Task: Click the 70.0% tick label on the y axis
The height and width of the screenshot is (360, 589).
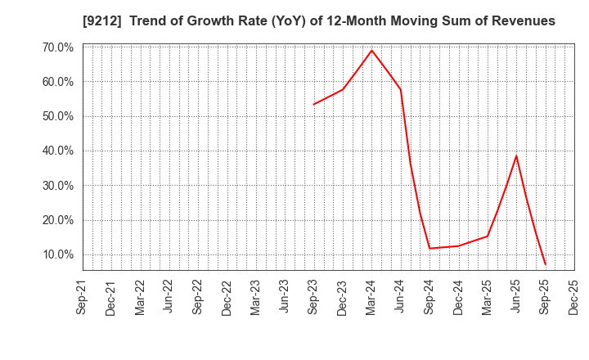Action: (x=56, y=47)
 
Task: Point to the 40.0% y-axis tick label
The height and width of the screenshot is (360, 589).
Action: (x=56, y=151)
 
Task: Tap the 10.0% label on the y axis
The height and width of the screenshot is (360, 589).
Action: (x=56, y=254)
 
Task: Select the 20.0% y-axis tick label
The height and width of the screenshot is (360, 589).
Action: (x=56, y=220)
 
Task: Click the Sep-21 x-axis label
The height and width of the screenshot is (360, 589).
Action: (x=83, y=296)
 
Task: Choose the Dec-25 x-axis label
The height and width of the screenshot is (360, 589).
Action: (x=573, y=296)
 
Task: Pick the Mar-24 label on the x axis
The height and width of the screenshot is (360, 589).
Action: (x=371, y=296)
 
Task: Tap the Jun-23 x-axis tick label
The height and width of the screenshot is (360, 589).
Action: (x=285, y=296)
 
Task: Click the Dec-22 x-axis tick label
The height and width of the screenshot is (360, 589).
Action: (x=227, y=296)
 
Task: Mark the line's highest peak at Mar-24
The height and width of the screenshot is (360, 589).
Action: (x=371, y=50)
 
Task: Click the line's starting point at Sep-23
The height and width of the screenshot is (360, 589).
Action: (x=313, y=104)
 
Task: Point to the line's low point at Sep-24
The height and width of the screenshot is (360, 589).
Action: (x=429, y=248)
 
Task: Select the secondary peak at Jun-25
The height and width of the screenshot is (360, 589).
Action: (x=516, y=155)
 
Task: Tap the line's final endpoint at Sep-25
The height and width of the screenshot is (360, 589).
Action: (x=545, y=264)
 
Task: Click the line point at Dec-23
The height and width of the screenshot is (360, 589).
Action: (x=343, y=89)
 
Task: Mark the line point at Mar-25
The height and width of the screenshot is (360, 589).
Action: (x=488, y=236)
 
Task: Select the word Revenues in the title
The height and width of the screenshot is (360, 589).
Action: (x=523, y=21)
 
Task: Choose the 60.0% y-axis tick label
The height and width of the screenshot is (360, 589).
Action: (x=56, y=82)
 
